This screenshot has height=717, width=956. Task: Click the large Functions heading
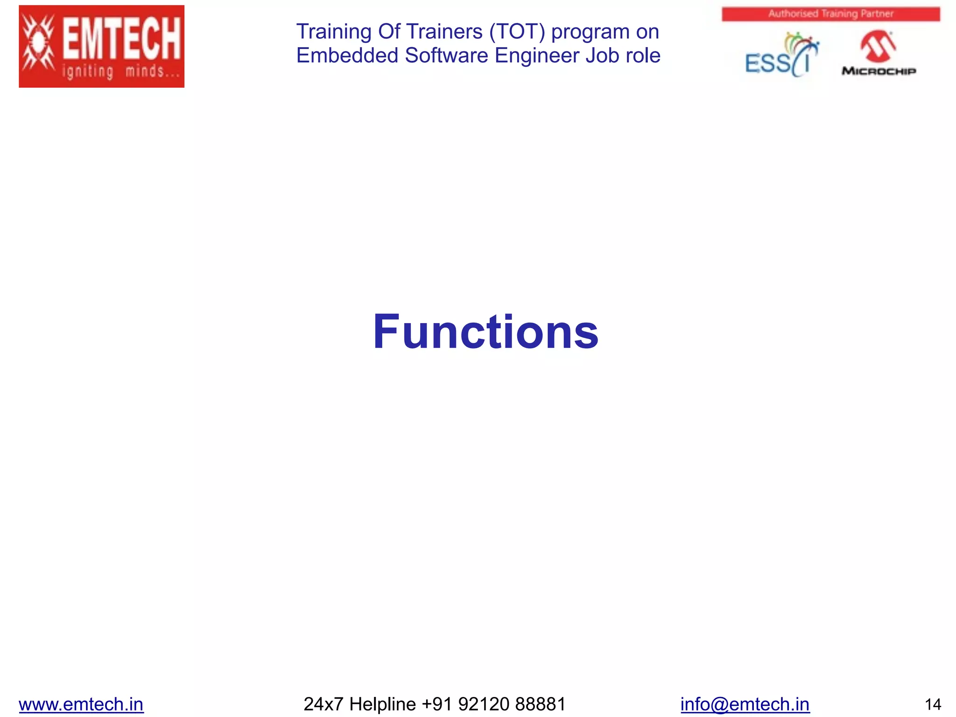[x=485, y=331]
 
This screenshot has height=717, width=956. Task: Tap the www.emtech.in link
[x=81, y=704]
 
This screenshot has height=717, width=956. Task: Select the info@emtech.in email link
[x=745, y=704]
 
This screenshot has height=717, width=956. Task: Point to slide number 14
[x=933, y=704]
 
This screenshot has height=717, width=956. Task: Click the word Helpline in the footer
[x=382, y=704]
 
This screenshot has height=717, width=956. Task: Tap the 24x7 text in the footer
[x=323, y=704]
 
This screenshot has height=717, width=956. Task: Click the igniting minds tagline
[x=120, y=72]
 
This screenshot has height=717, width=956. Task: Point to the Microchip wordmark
[x=879, y=71]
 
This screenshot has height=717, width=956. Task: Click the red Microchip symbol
[x=878, y=46]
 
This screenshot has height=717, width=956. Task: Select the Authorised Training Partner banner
[x=830, y=14]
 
